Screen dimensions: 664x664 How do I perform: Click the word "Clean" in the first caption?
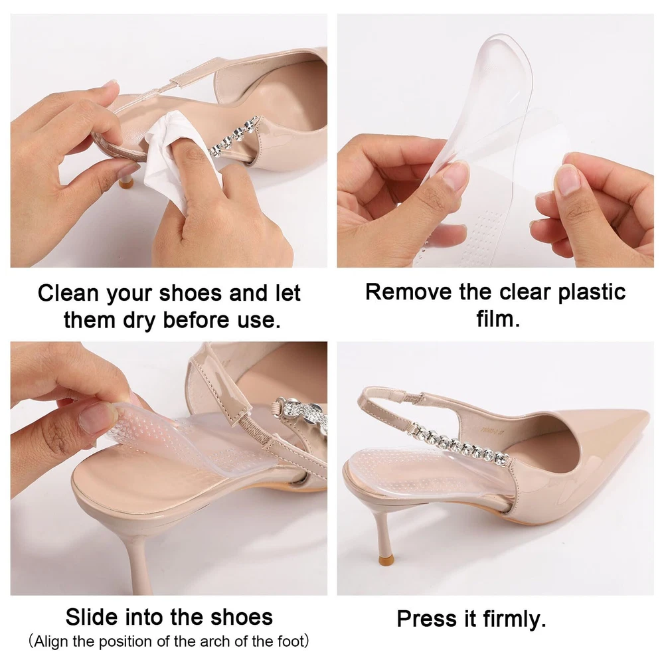pyautogui.click(x=68, y=293)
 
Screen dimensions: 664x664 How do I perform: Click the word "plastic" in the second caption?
pyautogui.click(x=592, y=293)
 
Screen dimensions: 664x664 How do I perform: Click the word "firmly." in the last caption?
pyautogui.click(x=514, y=619)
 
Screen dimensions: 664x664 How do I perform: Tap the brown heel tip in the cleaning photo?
pyautogui.click(x=125, y=183)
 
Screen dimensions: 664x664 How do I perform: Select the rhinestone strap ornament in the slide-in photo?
pyautogui.click(x=301, y=417)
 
